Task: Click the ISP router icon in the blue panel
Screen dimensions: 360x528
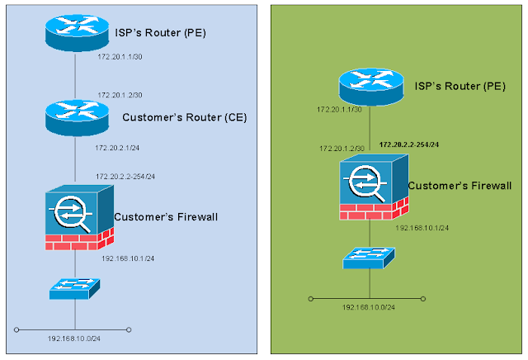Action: (x=75, y=31)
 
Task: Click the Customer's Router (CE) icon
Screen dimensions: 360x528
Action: (x=75, y=116)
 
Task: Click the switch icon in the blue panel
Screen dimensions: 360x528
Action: (x=75, y=288)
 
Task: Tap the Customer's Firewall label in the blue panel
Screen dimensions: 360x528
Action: (x=164, y=217)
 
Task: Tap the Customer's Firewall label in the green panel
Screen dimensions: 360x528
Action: (x=460, y=187)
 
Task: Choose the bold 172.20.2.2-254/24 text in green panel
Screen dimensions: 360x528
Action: (x=408, y=144)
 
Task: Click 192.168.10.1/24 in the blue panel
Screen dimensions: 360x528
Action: (x=128, y=258)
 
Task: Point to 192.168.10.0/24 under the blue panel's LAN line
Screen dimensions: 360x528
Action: (x=75, y=339)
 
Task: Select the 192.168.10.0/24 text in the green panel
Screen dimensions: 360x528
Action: (x=369, y=307)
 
